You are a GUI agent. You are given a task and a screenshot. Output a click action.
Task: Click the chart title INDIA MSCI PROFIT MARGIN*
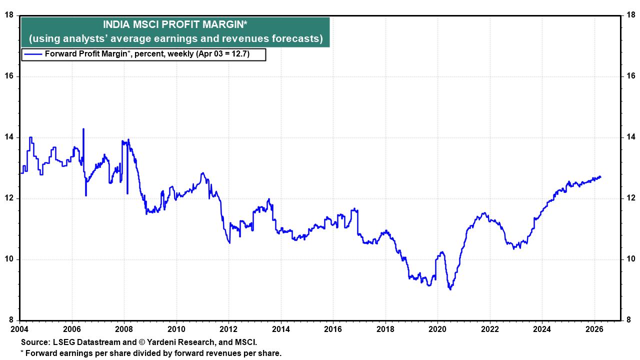175,24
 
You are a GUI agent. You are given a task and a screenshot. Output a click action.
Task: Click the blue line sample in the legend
33,54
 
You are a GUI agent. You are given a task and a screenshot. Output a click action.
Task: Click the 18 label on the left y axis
8,15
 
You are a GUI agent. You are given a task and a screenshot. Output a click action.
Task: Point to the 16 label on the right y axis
630,76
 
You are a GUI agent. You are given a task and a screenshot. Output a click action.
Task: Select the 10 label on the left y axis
8,259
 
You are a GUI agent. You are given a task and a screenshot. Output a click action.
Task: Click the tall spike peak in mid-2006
83,129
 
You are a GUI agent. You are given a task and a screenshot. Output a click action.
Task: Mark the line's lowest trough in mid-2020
450,289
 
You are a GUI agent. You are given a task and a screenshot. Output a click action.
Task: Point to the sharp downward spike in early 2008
127,193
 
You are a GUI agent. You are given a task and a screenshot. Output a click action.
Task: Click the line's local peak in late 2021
483,213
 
